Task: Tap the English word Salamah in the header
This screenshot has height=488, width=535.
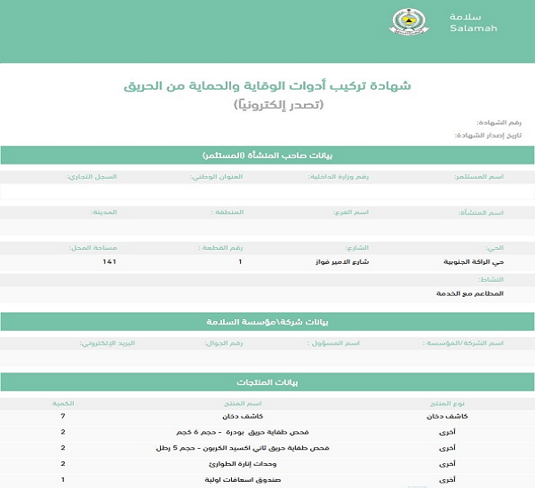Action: tap(474, 28)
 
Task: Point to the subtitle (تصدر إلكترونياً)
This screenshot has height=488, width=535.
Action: tap(278, 105)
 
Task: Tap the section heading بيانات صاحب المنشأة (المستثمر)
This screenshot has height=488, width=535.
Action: tap(267, 156)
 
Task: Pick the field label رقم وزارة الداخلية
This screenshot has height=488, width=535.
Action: tap(337, 177)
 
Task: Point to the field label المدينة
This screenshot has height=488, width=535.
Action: tap(104, 212)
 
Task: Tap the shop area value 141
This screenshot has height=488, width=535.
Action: tap(109, 262)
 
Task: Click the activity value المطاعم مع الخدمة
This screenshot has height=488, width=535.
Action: tap(470, 292)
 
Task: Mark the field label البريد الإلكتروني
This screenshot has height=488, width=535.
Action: tap(106, 342)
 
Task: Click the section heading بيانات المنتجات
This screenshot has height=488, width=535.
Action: tap(267, 382)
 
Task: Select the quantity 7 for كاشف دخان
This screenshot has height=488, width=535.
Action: tap(63, 416)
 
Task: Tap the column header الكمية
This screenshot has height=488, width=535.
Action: tap(63, 403)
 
